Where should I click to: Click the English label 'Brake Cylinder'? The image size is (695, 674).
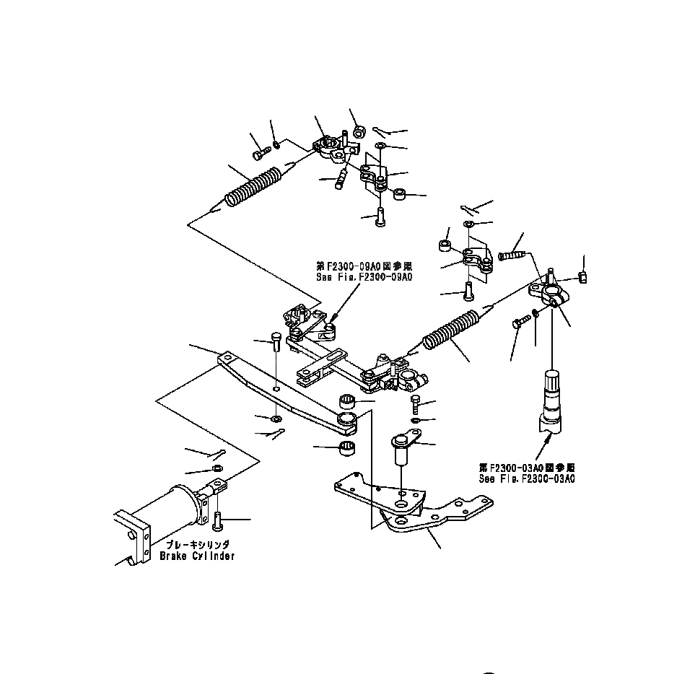[x=197, y=556]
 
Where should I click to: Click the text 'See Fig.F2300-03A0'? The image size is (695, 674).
[x=527, y=478]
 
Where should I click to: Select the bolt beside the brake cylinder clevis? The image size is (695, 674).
[x=219, y=517]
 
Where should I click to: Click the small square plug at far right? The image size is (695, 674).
[x=585, y=279]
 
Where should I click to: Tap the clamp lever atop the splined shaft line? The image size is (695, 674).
[x=551, y=292]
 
